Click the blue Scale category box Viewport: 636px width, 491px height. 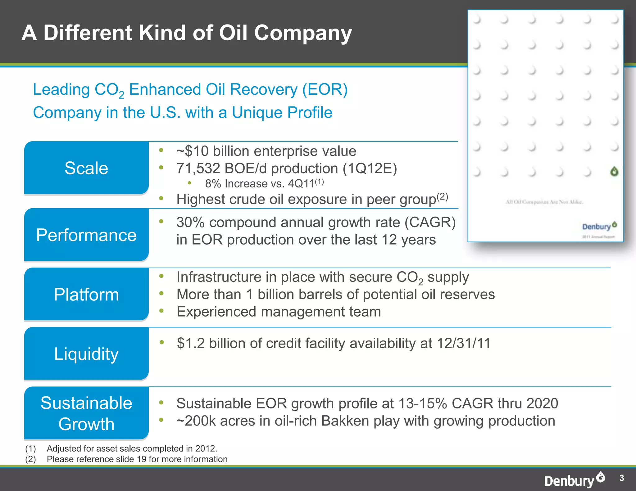(86, 168)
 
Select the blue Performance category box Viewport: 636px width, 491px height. (86, 235)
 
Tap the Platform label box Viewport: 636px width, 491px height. (86, 294)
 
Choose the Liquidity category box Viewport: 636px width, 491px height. (86, 354)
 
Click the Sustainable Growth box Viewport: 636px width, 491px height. (86, 413)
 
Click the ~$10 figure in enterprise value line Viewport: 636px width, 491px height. (193, 151)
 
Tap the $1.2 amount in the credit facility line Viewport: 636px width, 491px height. (191, 344)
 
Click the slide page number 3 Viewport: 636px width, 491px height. (621, 478)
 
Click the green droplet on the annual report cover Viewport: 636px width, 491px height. (614, 171)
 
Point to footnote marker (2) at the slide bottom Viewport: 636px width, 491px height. (30, 459)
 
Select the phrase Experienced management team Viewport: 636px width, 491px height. (279, 312)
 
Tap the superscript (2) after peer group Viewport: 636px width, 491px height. (442, 196)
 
